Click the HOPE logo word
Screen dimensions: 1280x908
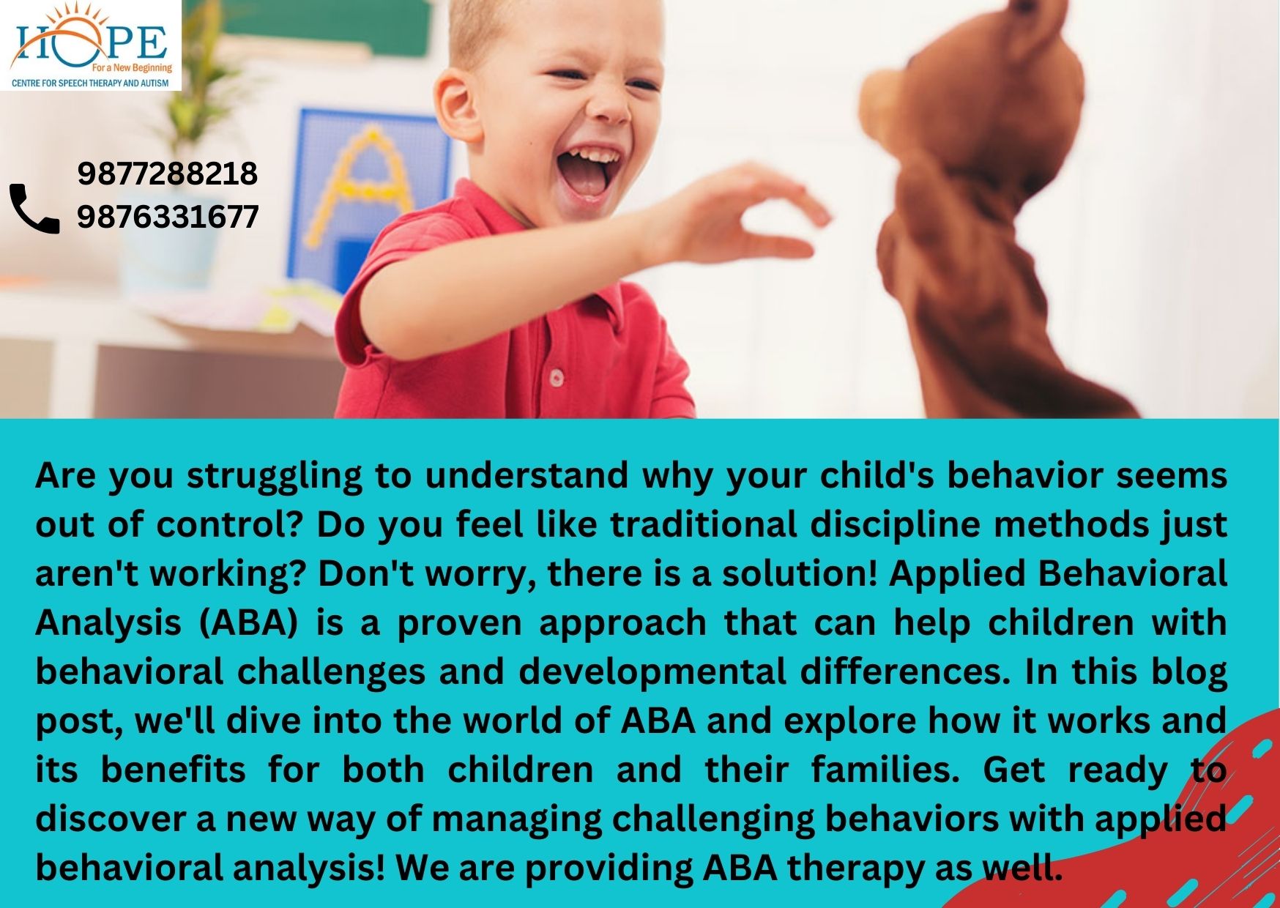point(90,42)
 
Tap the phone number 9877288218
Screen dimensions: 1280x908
point(168,174)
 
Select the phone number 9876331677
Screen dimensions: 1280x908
point(168,217)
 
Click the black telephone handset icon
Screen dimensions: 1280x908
point(34,209)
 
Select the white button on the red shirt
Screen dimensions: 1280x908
point(557,377)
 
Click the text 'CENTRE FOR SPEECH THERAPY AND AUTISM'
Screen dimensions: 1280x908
point(90,83)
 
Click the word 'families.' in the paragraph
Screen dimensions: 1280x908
point(885,770)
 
